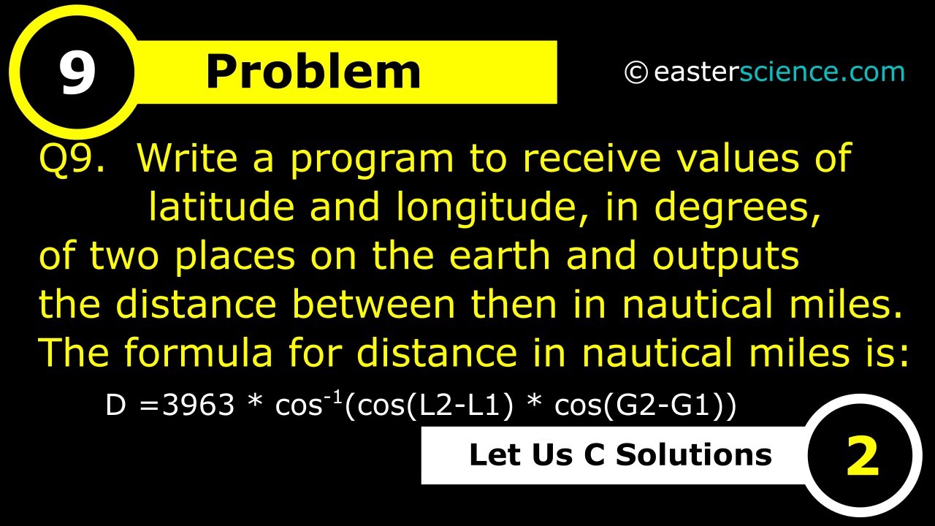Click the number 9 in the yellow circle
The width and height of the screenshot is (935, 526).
77,73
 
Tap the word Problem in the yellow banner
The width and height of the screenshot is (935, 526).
313,72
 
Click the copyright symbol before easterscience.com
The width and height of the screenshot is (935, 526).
636,72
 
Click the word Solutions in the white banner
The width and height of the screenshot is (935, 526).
694,454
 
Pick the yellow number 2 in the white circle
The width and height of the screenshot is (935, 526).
862,457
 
